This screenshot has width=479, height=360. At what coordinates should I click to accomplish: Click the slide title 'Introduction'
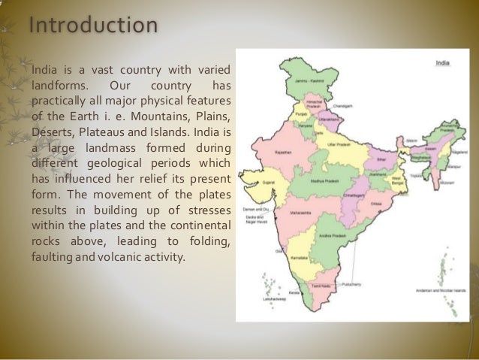click(x=93, y=25)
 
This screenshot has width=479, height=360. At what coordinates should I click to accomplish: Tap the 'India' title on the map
click(x=443, y=63)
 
